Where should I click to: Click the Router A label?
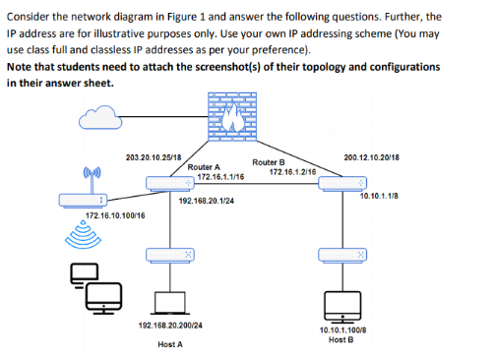tap(204, 168)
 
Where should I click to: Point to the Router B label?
tap(269, 161)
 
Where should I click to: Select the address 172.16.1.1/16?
tap(219, 178)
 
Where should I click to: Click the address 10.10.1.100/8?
tap(343, 330)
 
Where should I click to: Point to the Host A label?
tap(170, 344)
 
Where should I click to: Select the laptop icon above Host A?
tap(171, 302)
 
